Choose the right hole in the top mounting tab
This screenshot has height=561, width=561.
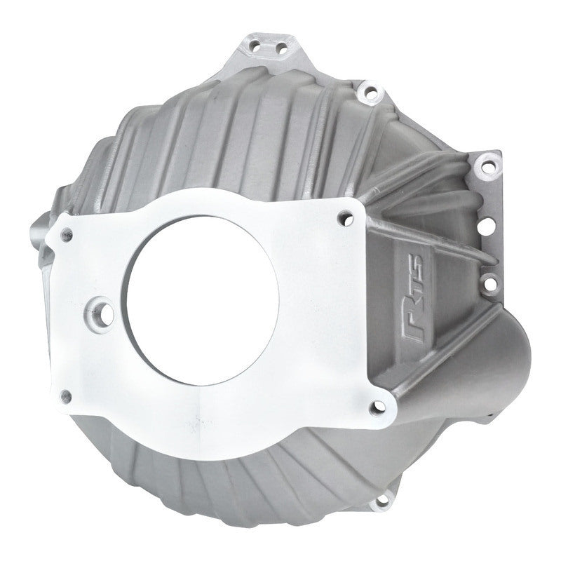pos(282,48)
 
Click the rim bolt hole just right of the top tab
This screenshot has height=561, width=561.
pos(364,91)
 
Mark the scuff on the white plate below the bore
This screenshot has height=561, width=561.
pos(203,421)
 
